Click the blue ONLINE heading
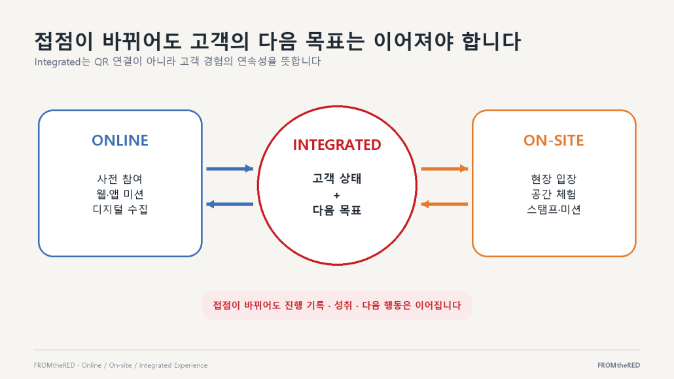(120, 140)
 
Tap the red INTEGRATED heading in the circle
(337, 145)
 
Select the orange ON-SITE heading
(554, 140)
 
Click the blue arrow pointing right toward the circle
(230, 169)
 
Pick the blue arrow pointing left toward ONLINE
(230, 204)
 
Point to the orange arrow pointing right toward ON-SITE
(444, 169)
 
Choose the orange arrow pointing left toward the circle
(444, 204)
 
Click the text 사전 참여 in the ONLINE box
(120, 179)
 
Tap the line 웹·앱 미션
(120, 194)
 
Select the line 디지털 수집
(120, 209)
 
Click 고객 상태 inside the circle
(337, 178)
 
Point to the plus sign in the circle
(336, 196)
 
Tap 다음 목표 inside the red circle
(337, 210)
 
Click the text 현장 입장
(554, 179)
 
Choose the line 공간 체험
(554, 194)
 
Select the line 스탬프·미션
(554, 209)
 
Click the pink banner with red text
(337, 306)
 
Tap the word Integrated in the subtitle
(57, 62)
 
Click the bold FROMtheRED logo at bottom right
(618, 365)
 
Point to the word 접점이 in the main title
(63, 41)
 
